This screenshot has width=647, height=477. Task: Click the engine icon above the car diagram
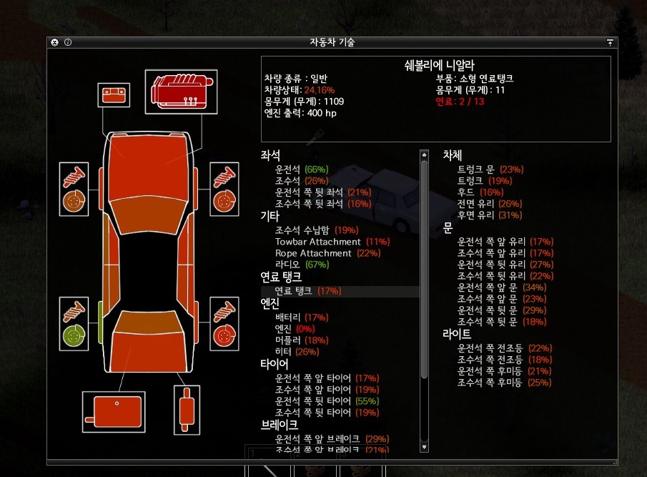pos(181,91)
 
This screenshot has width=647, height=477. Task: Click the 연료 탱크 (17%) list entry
pos(308,291)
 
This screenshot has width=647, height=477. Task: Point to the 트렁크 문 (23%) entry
pos(490,169)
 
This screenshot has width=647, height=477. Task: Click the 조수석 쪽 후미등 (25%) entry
pos(504,383)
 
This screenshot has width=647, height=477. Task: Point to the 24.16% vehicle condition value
pos(319,90)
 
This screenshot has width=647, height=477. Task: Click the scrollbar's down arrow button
pos(424,447)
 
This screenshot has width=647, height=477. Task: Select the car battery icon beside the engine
pos(114,95)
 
